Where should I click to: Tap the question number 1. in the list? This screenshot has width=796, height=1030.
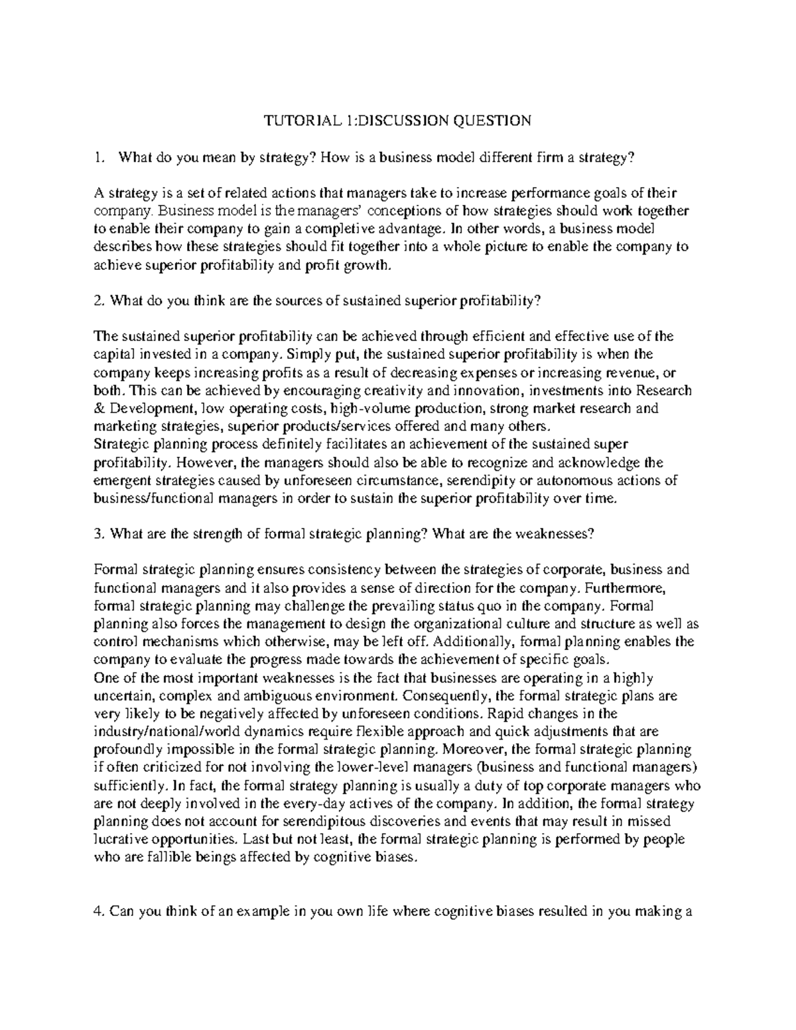[100, 157]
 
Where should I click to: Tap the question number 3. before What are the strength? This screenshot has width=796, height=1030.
[100, 534]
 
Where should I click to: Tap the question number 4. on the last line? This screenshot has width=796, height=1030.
[100, 911]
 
